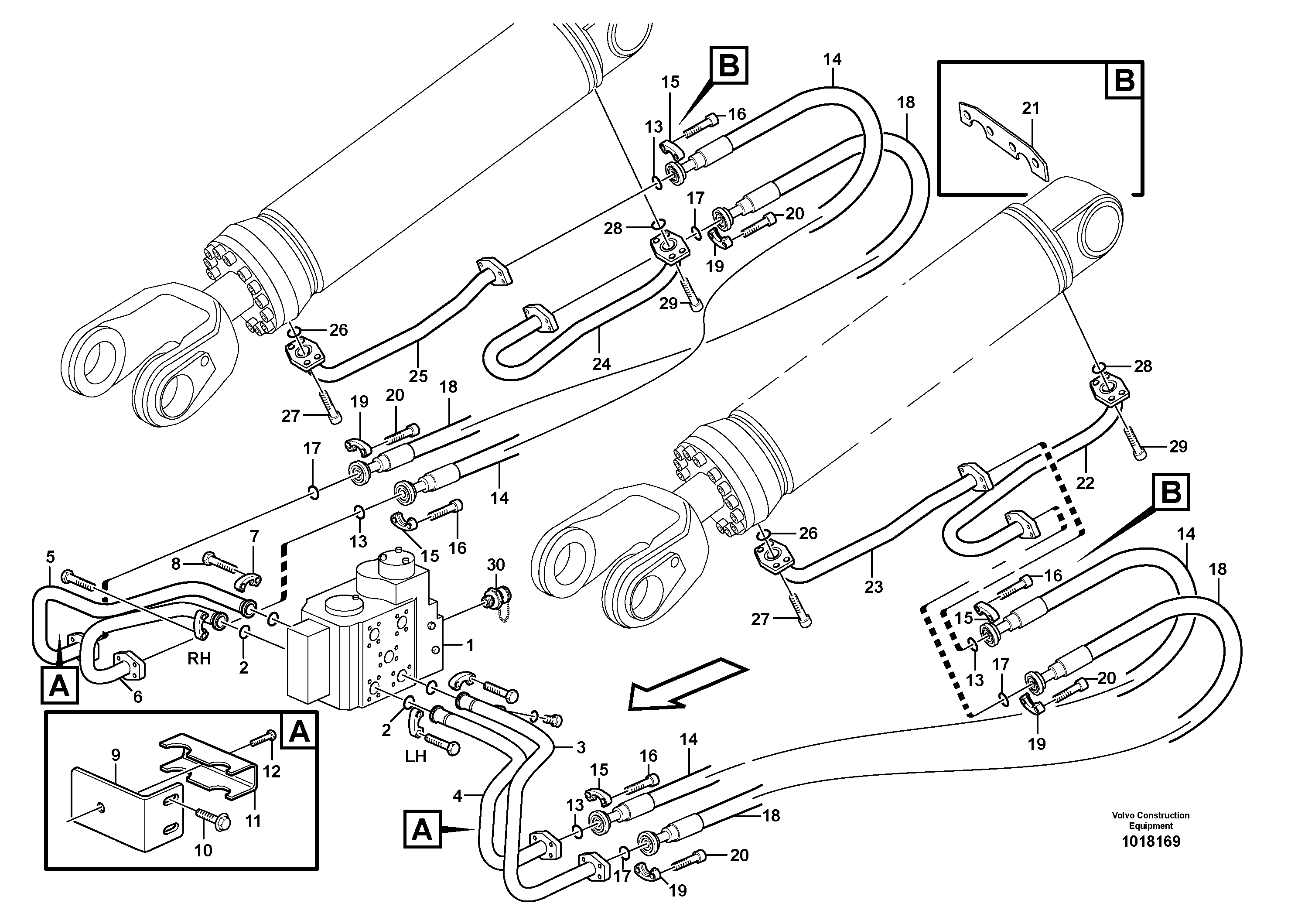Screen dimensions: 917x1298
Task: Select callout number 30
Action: coord(496,565)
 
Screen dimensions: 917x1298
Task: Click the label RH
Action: coord(199,659)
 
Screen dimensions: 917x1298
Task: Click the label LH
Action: coord(416,756)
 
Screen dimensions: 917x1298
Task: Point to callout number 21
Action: coord(1031,108)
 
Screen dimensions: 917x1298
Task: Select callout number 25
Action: coord(418,376)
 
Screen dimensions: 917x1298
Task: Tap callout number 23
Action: coord(874,587)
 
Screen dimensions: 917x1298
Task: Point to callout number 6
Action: coord(137,697)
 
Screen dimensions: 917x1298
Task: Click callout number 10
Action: coord(203,850)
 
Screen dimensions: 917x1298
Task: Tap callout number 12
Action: coord(271,771)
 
